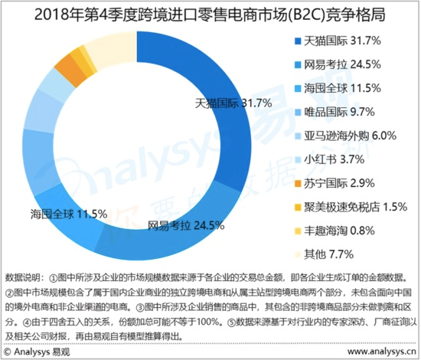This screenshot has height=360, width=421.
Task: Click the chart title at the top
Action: click(x=210, y=13)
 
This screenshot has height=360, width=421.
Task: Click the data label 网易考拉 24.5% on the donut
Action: click(x=185, y=225)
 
